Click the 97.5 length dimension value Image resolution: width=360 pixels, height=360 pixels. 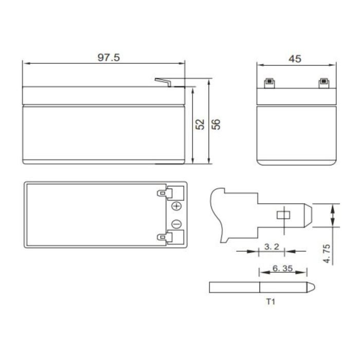109,57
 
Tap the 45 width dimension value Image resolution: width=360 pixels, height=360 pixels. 295,59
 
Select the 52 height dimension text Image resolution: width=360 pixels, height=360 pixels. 201,124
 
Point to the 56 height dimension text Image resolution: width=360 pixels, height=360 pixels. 217,124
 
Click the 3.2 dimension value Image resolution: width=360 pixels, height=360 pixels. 271,247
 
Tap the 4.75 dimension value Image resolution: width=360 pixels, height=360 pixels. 327,254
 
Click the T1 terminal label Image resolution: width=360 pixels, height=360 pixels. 271,302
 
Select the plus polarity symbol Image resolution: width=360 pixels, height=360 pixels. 176,206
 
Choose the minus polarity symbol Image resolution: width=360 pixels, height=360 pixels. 176,224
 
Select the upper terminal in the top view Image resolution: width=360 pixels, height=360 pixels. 165,193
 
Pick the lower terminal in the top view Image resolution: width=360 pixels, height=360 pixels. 165,237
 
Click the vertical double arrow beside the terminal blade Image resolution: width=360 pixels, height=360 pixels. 333,215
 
